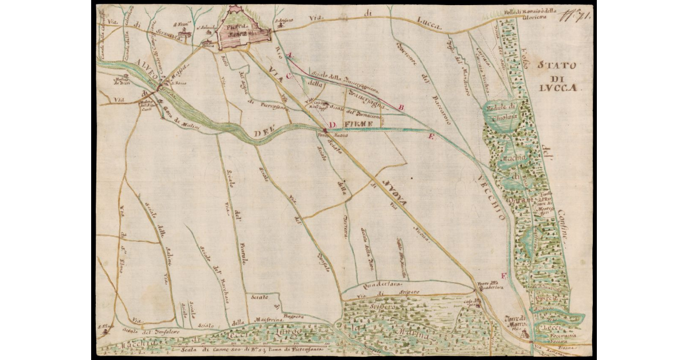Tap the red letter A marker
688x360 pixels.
pyautogui.click(x=290, y=55)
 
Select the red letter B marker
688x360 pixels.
pyautogui.click(x=401, y=107)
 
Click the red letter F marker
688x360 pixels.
pyautogui.click(x=503, y=276)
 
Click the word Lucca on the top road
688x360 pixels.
pyautogui.click(x=427, y=24)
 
